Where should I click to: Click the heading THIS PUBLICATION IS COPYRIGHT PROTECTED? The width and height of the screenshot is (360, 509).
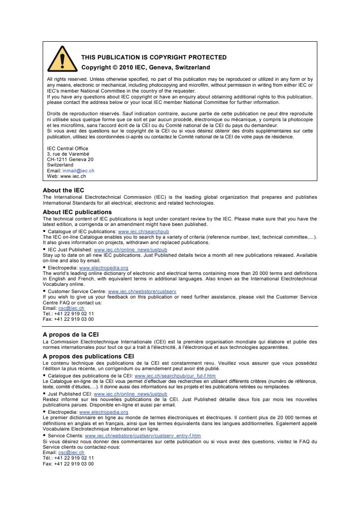153,57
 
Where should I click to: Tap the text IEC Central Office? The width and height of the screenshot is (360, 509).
68,148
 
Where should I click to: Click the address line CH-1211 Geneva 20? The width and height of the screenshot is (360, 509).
70,159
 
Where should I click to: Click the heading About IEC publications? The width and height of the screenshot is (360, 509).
77,212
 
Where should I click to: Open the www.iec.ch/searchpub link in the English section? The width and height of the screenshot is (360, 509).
143,231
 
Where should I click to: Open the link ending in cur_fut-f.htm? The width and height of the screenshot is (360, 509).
175,376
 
